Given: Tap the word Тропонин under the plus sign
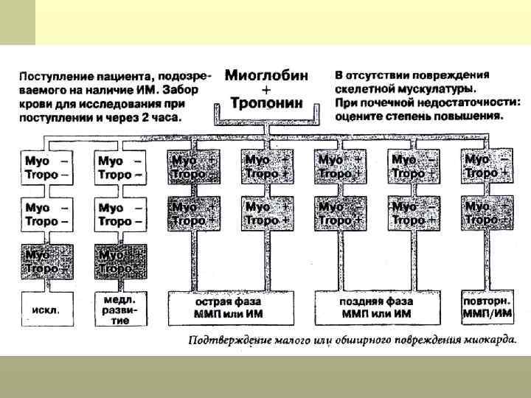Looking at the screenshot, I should pos(266,103).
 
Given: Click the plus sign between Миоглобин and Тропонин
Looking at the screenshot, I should pos(266,89).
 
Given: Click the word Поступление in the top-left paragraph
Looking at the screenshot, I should pos(55,76).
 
